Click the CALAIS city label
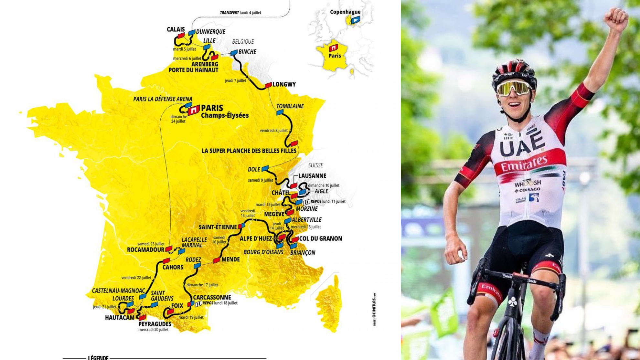coord(176,29)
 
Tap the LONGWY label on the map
coord(284,84)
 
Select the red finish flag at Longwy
coord(268,85)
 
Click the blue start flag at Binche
coord(234,52)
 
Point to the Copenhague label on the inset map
coord(345,12)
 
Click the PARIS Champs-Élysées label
coord(224,111)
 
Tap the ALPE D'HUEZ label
coord(256,239)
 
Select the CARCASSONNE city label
coord(212,297)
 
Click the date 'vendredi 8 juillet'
coord(273,131)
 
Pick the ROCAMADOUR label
coord(145,250)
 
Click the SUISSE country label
coord(315,165)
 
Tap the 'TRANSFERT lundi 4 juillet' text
coord(240,13)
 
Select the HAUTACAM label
coord(119,318)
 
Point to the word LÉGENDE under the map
coord(98,357)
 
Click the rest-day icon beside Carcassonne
coord(198,303)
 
